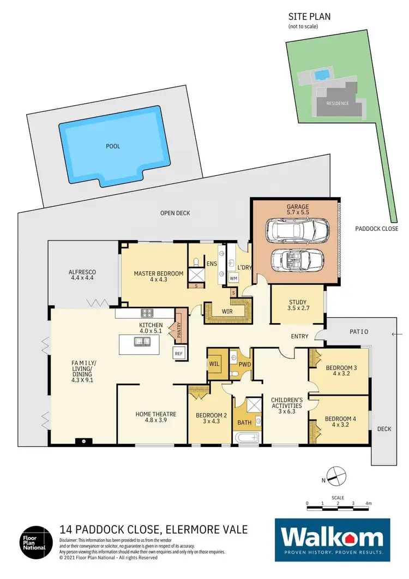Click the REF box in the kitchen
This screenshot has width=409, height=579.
coord(179,353)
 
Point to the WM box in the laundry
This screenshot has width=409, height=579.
coord(234,278)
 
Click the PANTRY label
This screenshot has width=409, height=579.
coord(178,327)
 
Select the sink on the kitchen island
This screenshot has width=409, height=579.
coord(143,342)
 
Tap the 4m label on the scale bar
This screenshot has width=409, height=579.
coord(368,503)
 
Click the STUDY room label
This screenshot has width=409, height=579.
coord(297,305)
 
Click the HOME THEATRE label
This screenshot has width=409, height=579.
coord(151,417)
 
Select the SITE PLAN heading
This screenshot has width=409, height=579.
coord(309,17)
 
